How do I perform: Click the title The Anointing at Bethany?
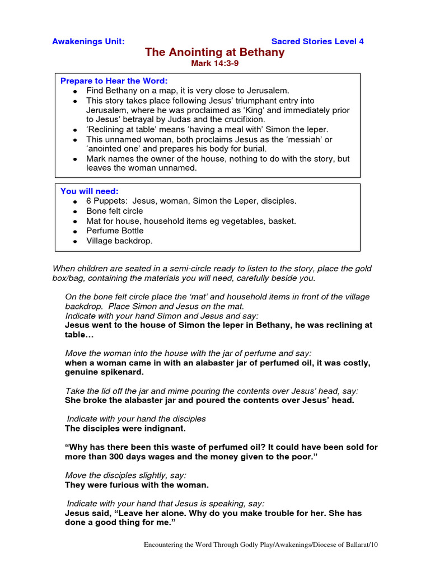click(x=215, y=53)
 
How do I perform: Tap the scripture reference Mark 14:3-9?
click(x=215, y=64)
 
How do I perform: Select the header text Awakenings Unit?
click(x=88, y=41)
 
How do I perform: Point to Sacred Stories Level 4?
click(x=317, y=41)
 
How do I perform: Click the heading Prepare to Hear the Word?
click(x=114, y=81)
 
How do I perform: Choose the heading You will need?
click(x=90, y=191)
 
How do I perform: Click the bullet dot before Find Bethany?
click(x=75, y=91)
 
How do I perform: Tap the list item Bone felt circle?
click(x=115, y=211)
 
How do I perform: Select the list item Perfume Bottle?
click(x=115, y=231)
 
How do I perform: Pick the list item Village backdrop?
click(x=119, y=241)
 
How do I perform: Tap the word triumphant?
click(x=250, y=101)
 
